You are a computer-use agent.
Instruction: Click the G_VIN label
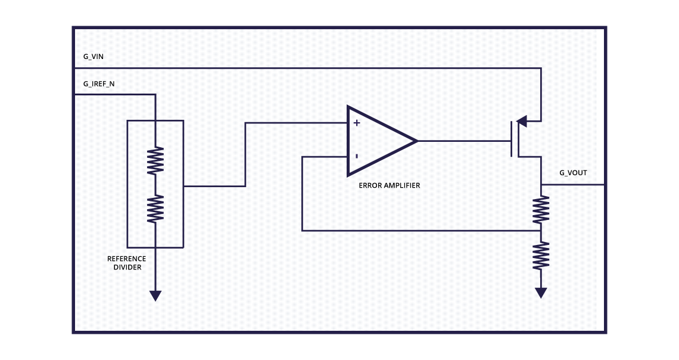pyautogui.click(x=93, y=57)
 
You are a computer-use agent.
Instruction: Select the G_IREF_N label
pyautogui.click(x=99, y=84)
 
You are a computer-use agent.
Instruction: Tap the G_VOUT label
pyautogui.click(x=573, y=173)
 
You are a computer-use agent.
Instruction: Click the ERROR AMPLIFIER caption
pyautogui.click(x=389, y=185)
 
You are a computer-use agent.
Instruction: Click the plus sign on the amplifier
pyautogui.click(x=357, y=123)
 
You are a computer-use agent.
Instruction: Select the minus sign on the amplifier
pyautogui.click(x=356, y=157)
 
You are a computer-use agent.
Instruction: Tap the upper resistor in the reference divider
pyautogui.click(x=155, y=160)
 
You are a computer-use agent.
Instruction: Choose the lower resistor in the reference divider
pyautogui.click(x=155, y=209)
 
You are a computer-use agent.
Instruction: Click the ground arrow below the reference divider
pyautogui.click(x=155, y=295)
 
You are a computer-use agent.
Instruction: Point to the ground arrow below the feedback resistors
pyautogui.click(x=541, y=293)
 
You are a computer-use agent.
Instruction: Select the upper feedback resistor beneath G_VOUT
pyautogui.click(x=541, y=209)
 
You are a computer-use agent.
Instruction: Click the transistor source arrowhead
pyautogui.click(x=521, y=122)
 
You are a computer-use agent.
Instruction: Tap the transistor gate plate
pyautogui.click(x=511, y=139)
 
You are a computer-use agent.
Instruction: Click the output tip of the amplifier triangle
pyautogui.click(x=416, y=141)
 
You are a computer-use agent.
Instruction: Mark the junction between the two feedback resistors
pyautogui.click(x=541, y=230)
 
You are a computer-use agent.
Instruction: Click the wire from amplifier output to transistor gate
pyautogui.click(x=465, y=141)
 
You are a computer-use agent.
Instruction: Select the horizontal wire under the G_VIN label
pyautogui.click(x=298, y=68)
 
